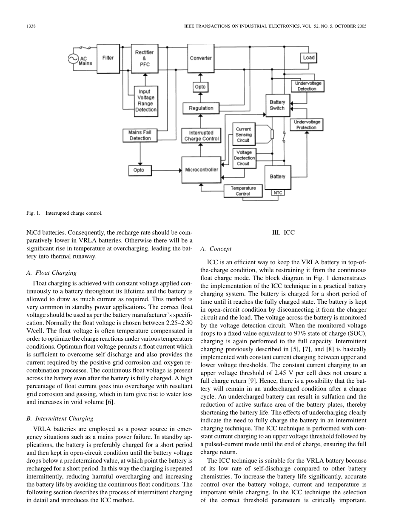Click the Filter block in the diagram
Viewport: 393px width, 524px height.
tap(108, 58)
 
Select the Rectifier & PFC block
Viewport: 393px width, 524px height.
tap(145, 58)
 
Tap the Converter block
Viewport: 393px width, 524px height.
tap(201, 58)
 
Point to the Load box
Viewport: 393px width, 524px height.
tap(309, 57)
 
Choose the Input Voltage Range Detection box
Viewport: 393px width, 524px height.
tap(146, 100)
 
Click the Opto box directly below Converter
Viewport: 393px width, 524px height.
tap(200, 87)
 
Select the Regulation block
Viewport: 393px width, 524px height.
tap(201, 108)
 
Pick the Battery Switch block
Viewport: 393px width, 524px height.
tap(277, 105)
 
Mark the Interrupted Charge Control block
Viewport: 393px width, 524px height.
tap(201, 136)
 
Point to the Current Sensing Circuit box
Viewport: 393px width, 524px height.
tap(243, 134)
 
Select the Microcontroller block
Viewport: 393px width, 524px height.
tap(201, 170)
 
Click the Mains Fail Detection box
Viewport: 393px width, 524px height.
tap(140, 135)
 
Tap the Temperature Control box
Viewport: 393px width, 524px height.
tap(243, 191)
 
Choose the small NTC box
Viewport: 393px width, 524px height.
tap(278, 193)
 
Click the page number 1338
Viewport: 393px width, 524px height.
tap(31, 26)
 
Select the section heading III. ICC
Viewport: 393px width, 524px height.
tap(283, 233)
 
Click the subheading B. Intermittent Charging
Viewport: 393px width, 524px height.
tap(60, 418)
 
